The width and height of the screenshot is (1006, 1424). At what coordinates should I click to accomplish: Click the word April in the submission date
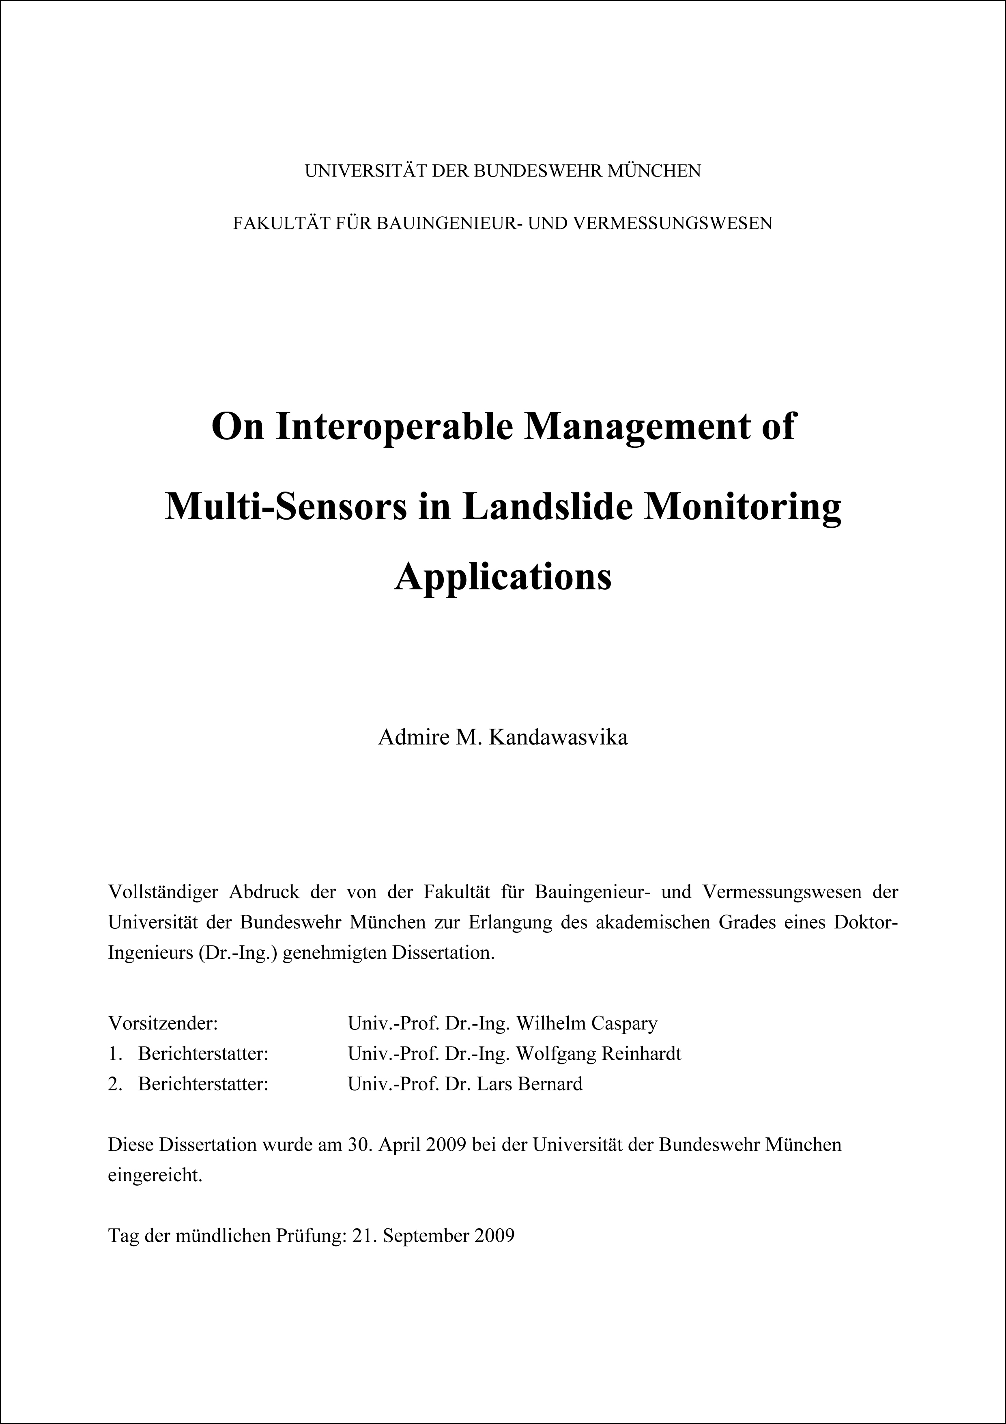tap(399, 1144)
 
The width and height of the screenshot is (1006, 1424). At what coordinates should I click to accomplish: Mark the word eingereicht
tap(155, 1175)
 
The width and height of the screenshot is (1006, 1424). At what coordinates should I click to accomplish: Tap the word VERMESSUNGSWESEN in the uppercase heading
tap(672, 223)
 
